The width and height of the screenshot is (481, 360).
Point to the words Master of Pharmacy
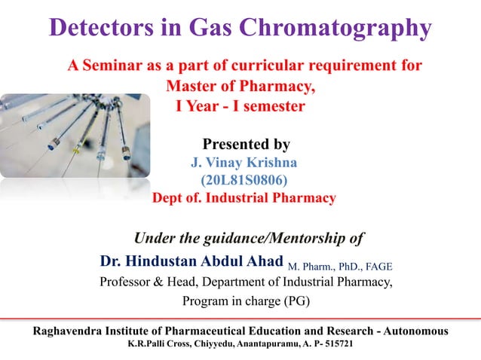pyautogui.click(x=240, y=86)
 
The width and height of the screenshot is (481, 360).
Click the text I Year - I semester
pyautogui.click(x=240, y=106)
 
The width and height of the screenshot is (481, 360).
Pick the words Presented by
pyautogui.click(x=247, y=144)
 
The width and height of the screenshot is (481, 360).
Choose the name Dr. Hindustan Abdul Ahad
pyautogui.click(x=192, y=262)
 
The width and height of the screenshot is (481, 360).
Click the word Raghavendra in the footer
pyautogui.click(x=68, y=331)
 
